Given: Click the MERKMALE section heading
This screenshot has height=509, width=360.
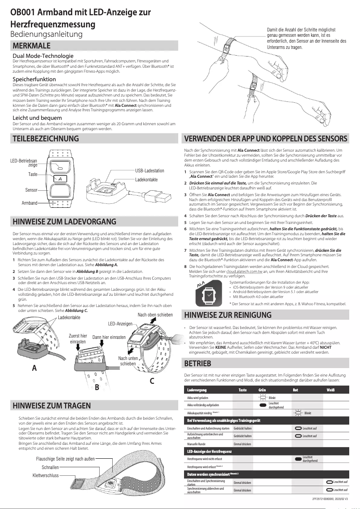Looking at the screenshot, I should pos(31,46).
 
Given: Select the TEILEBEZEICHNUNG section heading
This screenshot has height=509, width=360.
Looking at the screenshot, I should pos(46,139).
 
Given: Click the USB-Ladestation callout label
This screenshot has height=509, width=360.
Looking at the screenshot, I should pos(149,171).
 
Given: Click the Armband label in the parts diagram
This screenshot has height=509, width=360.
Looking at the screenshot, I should pos(29,203).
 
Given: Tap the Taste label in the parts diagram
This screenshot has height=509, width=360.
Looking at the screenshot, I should pos(33,174).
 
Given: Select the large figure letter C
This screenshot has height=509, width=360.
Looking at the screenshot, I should pos(152,382).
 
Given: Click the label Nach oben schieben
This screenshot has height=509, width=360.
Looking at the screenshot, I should pos(155,315).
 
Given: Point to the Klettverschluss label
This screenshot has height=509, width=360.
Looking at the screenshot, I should pos(46,475).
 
